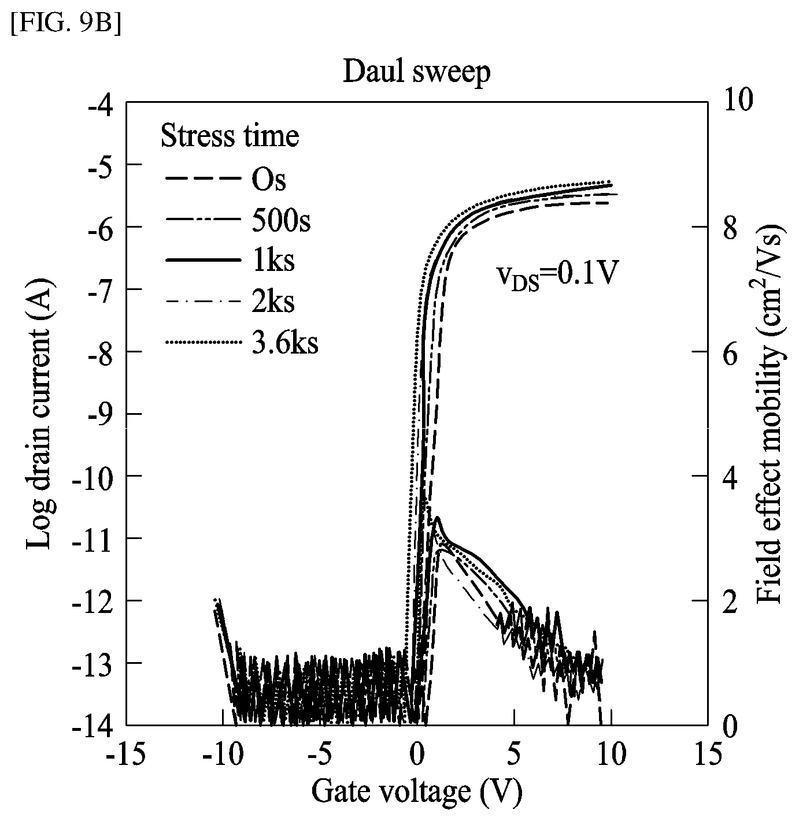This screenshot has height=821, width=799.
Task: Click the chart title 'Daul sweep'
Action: tap(416, 73)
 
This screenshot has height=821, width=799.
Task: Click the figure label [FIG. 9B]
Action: tap(66, 26)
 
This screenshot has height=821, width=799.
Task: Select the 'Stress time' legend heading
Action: tap(230, 136)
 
